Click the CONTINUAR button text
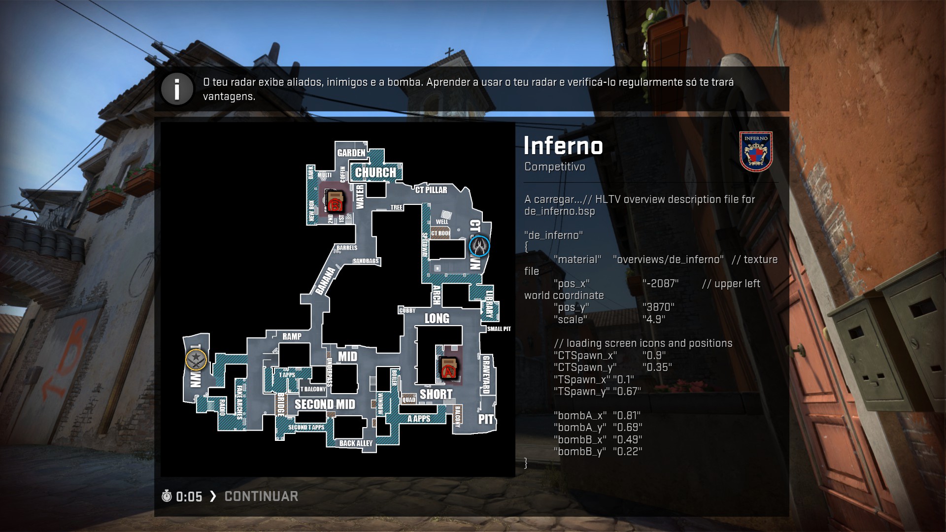[261, 496]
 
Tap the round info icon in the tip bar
[177, 89]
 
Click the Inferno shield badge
[756, 151]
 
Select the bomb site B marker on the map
[335, 202]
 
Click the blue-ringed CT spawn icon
[479, 246]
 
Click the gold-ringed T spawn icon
[196, 360]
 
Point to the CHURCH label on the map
[375, 172]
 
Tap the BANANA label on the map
[325, 281]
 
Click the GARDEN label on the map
[351, 153]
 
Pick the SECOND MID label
[325, 404]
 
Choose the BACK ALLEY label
[356, 443]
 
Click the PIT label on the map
[486, 419]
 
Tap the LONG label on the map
[437, 318]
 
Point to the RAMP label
[292, 336]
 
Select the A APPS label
[419, 419]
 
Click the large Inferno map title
[563, 145]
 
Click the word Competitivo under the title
[555, 166]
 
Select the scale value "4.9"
[654, 319]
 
